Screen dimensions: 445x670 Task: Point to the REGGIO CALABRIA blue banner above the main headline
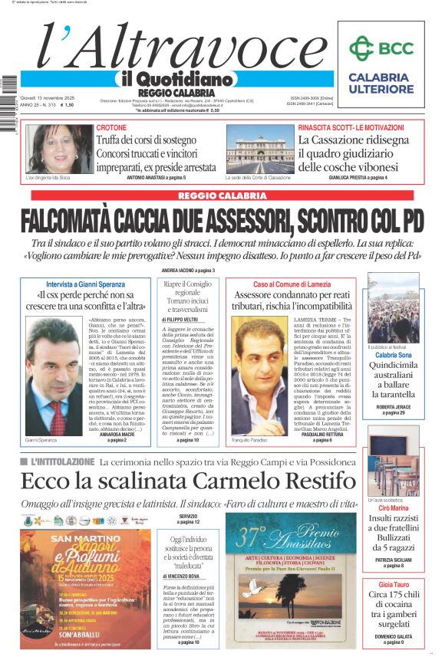point(222,195)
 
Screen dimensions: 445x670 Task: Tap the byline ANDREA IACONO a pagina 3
point(188,271)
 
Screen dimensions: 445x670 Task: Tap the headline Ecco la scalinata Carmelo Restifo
point(188,481)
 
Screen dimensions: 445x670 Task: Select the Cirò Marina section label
point(392,507)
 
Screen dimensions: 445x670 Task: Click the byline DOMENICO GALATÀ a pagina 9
point(392,638)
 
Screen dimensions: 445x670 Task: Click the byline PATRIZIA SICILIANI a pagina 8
point(392,561)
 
